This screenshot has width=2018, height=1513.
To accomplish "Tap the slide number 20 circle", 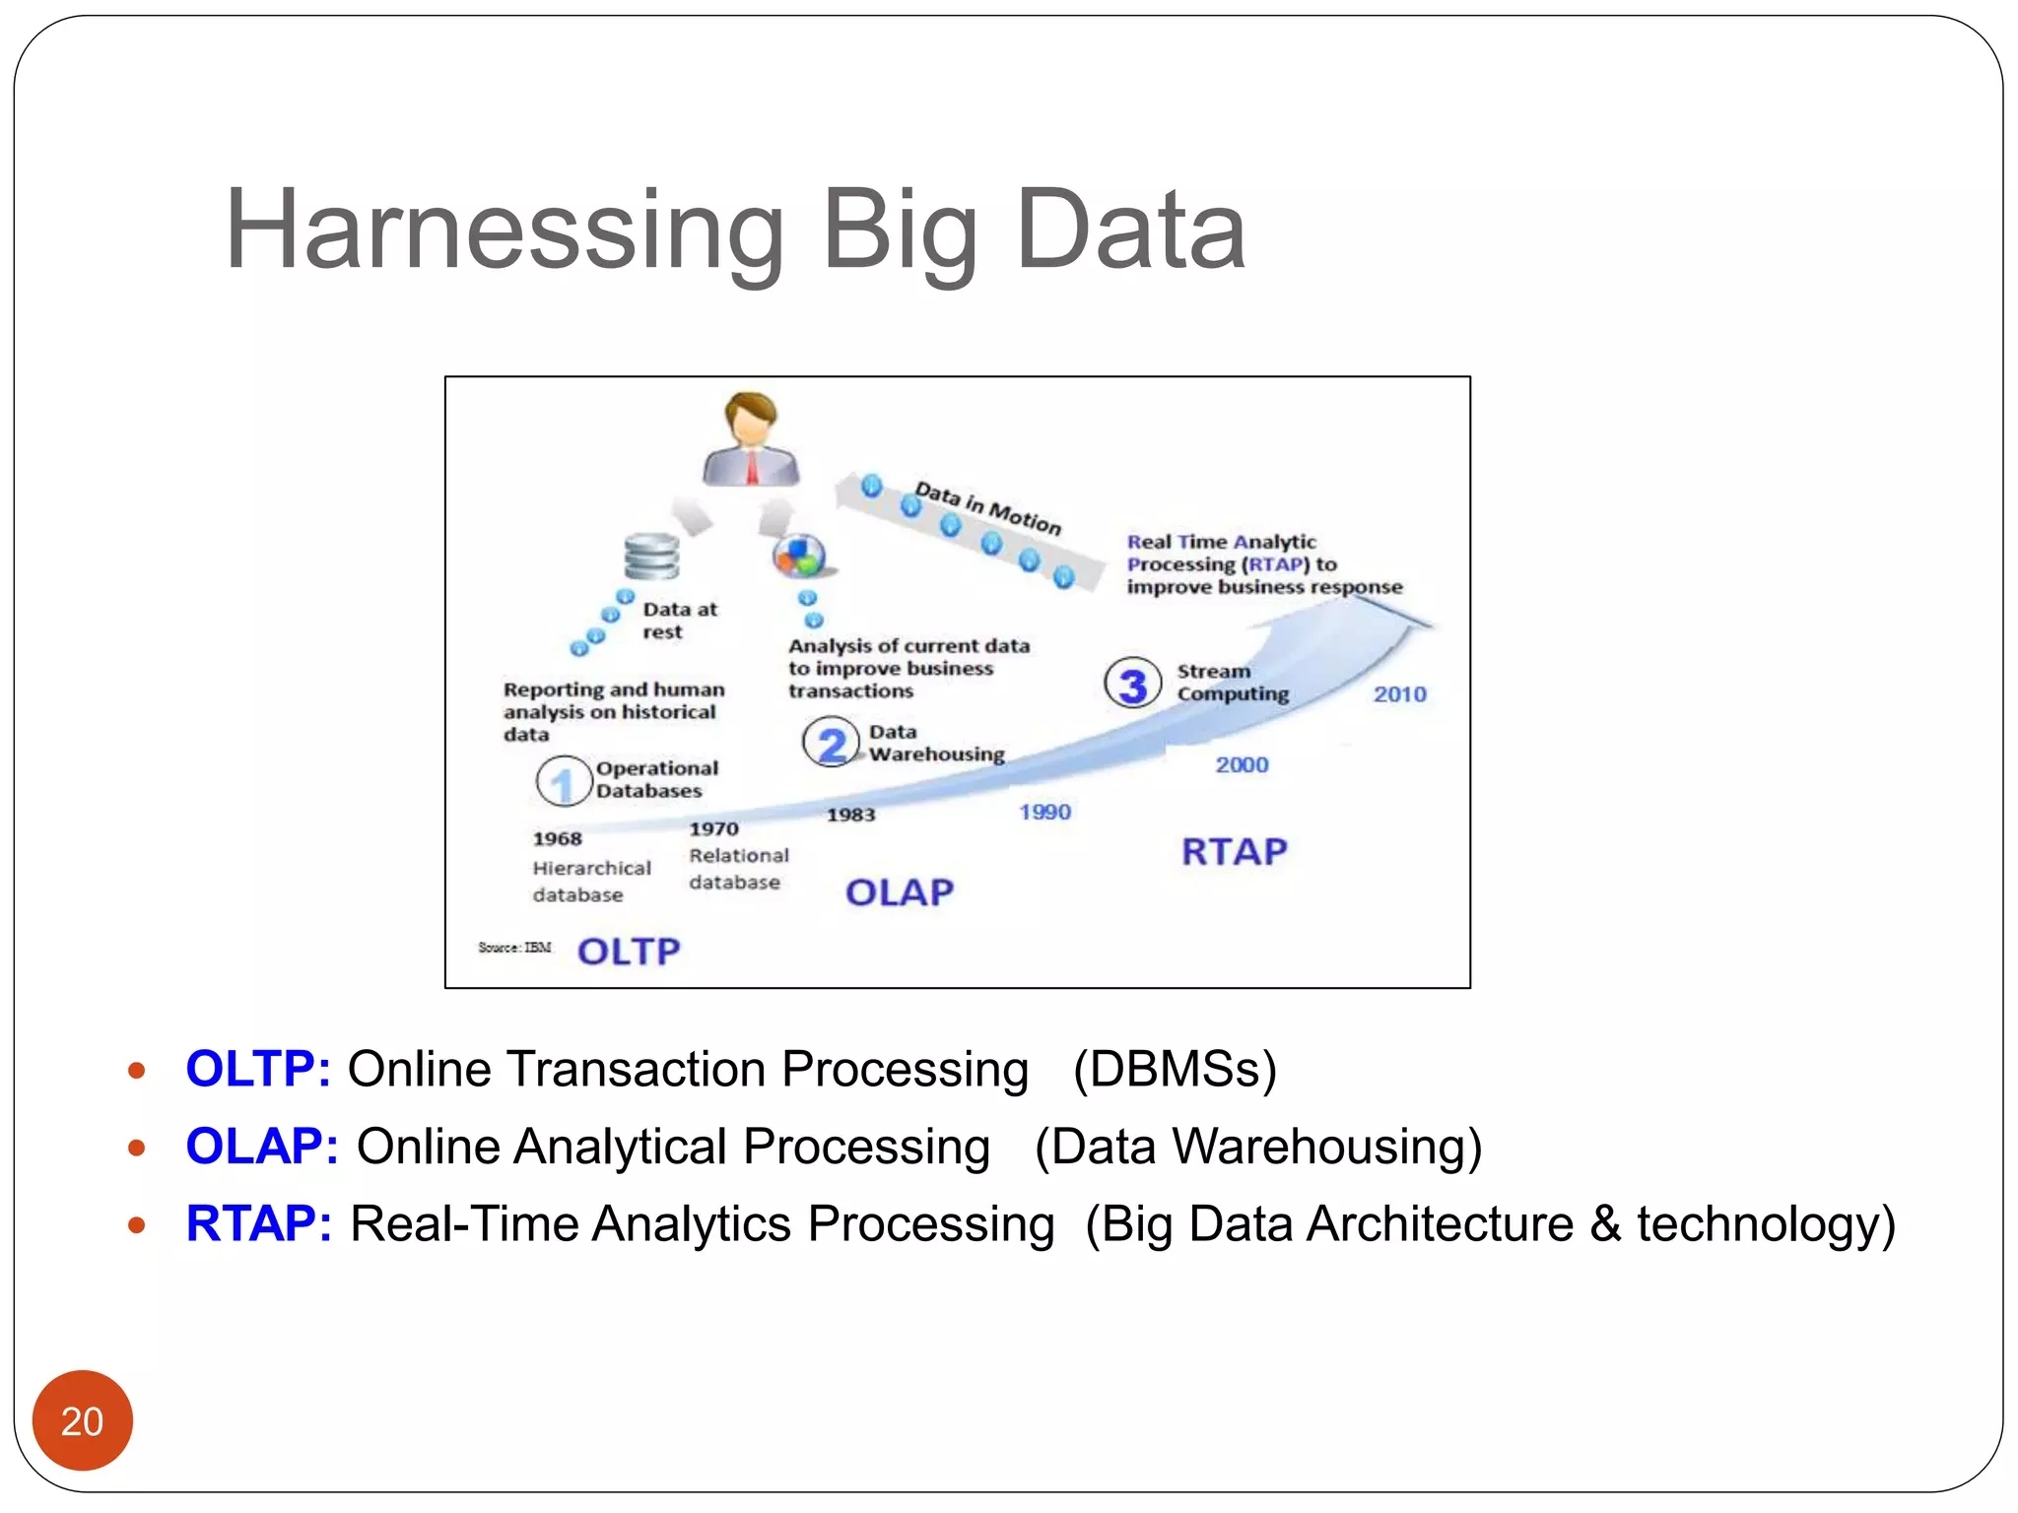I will click(82, 1420).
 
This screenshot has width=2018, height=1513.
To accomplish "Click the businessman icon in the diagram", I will click(751, 439).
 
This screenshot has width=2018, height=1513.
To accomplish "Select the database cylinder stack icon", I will click(651, 557).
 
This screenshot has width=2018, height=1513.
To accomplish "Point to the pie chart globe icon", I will click(799, 557).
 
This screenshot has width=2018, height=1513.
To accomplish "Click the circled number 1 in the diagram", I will click(563, 782).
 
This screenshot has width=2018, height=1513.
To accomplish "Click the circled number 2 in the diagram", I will click(831, 744).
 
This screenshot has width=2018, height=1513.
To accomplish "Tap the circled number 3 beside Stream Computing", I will click(1132, 684).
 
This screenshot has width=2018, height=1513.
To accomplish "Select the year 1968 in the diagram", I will click(558, 838).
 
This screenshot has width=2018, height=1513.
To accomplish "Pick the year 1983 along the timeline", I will click(850, 815).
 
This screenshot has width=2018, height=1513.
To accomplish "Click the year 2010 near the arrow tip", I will click(1399, 694).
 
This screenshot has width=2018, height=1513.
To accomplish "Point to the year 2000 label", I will click(1242, 764).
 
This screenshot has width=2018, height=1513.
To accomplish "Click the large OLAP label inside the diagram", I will click(899, 892).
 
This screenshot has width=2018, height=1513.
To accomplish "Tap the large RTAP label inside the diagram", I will click(1234, 852).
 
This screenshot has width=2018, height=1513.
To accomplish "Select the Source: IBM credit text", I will click(514, 948).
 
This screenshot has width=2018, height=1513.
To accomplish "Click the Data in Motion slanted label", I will click(987, 507).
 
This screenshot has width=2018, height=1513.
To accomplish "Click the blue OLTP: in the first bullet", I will click(258, 1069).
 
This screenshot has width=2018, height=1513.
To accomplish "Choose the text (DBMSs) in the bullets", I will click(1175, 1069).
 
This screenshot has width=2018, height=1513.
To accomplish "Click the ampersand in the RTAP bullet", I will click(1605, 1224).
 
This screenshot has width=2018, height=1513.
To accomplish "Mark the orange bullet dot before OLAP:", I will click(137, 1148).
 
